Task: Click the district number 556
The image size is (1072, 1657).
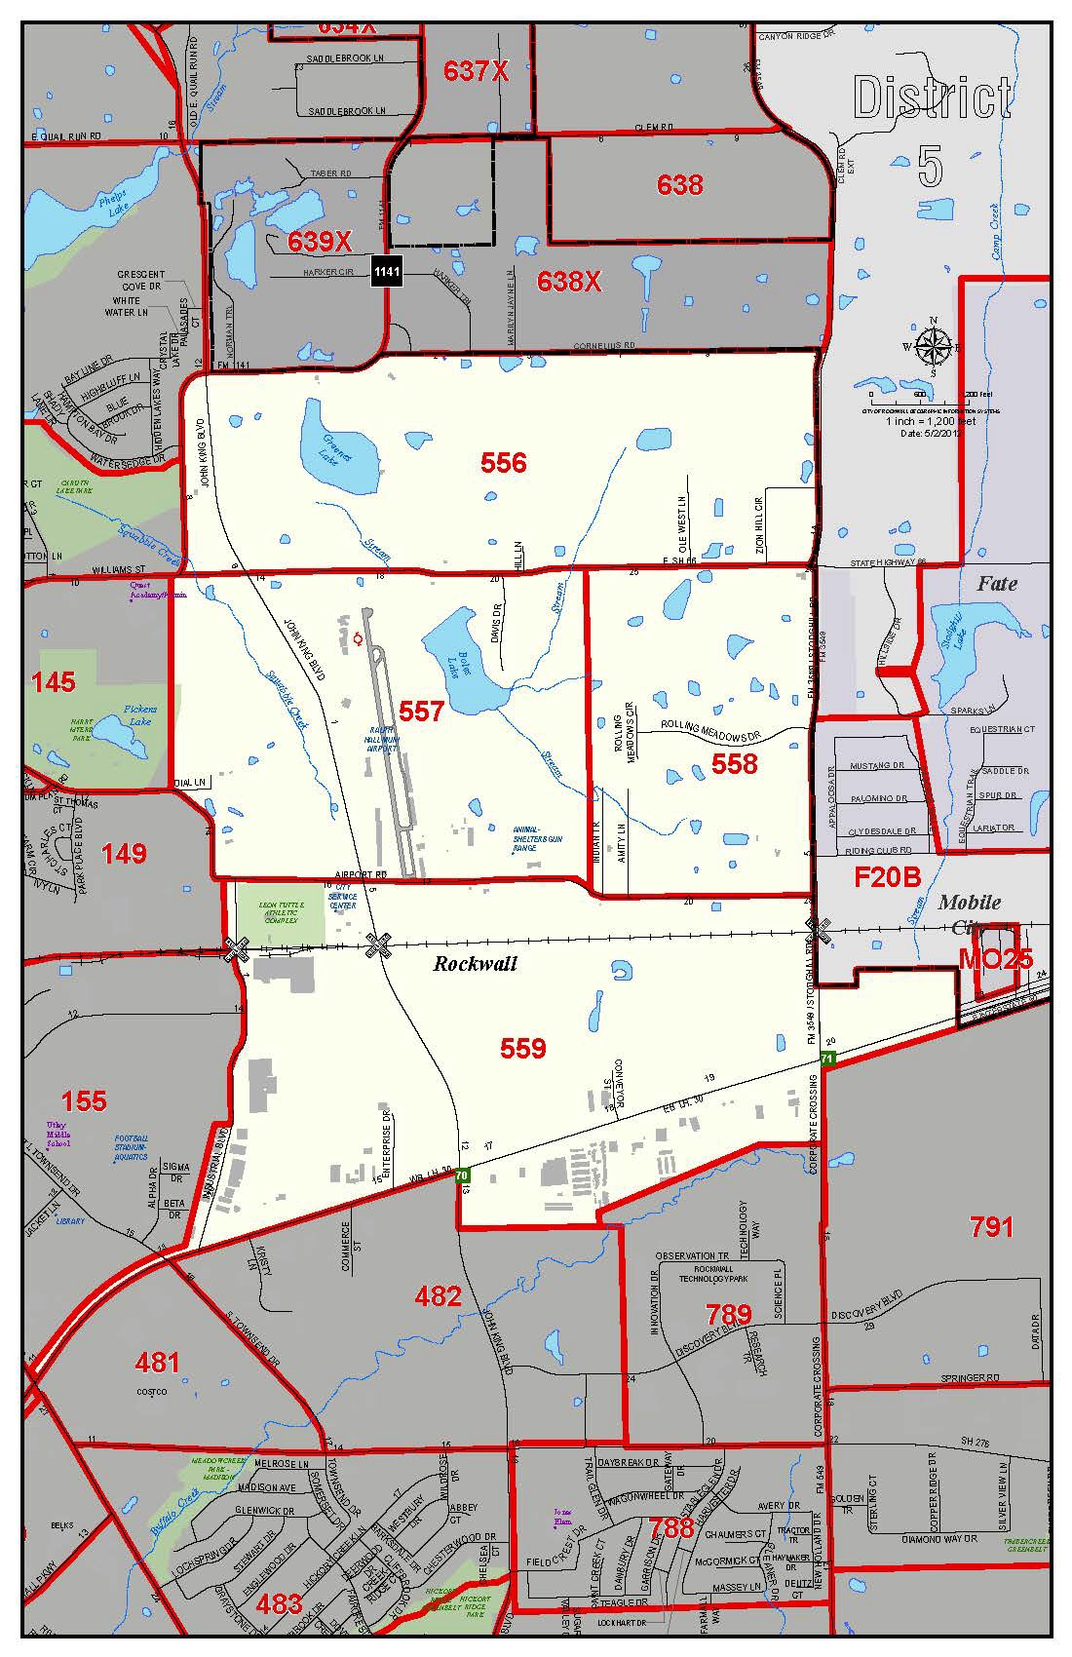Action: point(503,463)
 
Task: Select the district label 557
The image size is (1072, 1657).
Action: point(421,712)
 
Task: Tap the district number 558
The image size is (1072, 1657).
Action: point(734,764)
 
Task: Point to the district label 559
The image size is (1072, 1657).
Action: point(522,1048)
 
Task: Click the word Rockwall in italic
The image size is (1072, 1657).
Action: point(475,964)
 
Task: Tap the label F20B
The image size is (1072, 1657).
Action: point(887,877)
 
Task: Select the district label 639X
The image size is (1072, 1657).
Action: point(320,242)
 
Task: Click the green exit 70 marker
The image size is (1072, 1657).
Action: point(462,1175)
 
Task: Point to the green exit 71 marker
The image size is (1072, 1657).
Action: point(827,1058)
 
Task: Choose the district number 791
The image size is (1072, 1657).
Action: point(991,1226)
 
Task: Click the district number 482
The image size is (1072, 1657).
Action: point(438,1295)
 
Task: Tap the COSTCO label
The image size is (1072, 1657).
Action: point(152,1391)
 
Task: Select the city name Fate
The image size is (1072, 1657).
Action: point(996,584)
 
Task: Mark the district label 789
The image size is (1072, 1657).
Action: point(728,1315)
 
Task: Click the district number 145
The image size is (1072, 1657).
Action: point(53,681)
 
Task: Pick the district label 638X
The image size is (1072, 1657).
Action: point(569,281)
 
